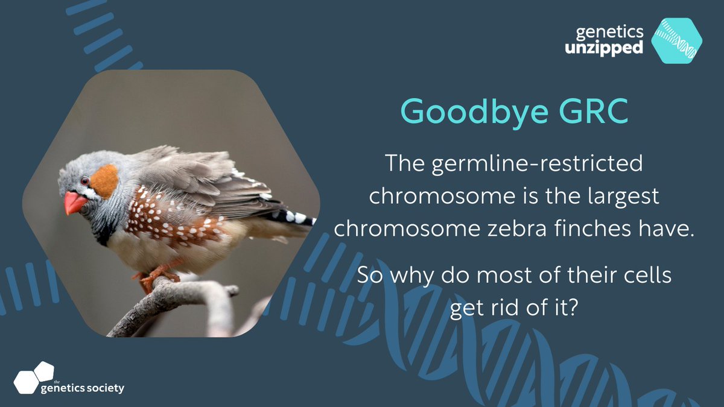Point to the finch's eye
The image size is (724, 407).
pyautogui.click(x=86, y=180)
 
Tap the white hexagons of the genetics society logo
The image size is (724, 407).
pyautogui.click(x=34, y=377)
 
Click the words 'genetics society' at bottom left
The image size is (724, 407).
pyautogui.click(x=82, y=388)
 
